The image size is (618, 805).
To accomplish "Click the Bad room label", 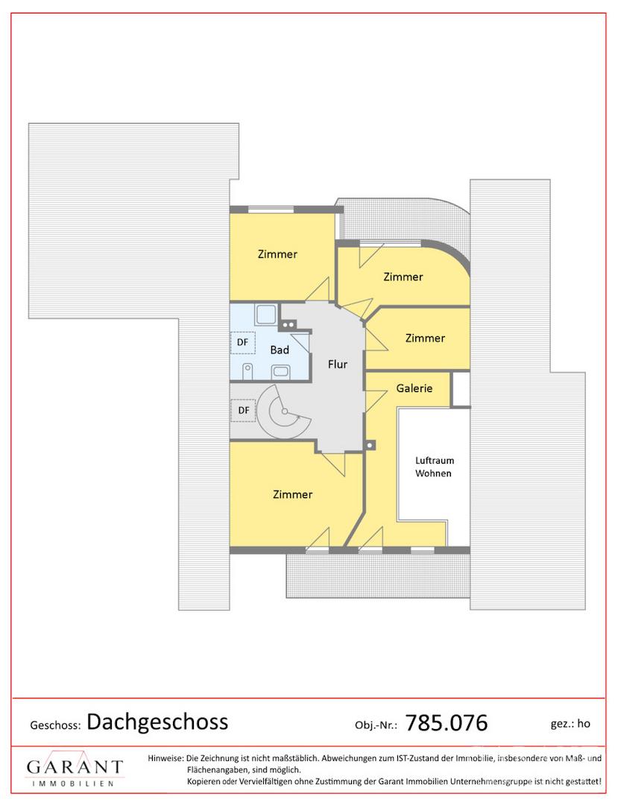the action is pos(280,350).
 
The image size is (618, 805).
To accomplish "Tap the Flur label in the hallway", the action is pos(338,364).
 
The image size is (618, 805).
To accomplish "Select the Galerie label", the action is pos(414,388).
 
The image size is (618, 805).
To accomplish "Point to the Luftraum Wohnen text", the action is pos(435,467).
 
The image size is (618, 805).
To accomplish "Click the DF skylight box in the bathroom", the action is pos(243,342).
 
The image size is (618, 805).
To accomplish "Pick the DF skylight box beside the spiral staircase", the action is pos(243,410).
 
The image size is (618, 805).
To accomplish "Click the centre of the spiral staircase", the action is pos(284,411).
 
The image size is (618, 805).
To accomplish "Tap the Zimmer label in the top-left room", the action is pos(277,254).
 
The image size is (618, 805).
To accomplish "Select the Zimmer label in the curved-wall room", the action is pos(403,277).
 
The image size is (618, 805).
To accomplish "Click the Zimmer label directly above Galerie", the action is pos(425,338).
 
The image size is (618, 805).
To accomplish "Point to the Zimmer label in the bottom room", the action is pos(292,494).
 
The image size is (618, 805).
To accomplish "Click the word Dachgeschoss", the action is pos(157,722).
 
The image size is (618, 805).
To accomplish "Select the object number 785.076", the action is pos(447,723).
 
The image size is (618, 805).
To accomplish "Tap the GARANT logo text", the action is pos(75,767).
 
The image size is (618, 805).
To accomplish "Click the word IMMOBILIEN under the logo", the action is pos(73,784).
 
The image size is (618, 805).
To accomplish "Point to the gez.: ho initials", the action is pos(570,724).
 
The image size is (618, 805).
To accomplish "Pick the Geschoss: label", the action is pos(55,725).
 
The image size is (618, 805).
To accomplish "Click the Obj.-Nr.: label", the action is pos(376,725).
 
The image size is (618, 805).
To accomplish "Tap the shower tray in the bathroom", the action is pos(267,315).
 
